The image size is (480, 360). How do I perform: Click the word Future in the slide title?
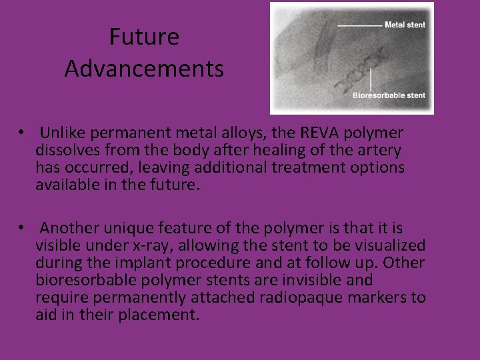point(144,37)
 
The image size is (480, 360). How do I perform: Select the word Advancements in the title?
point(144,69)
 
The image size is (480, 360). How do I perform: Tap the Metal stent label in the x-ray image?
point(405,25)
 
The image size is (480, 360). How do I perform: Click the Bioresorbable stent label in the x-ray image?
point(389,95)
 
